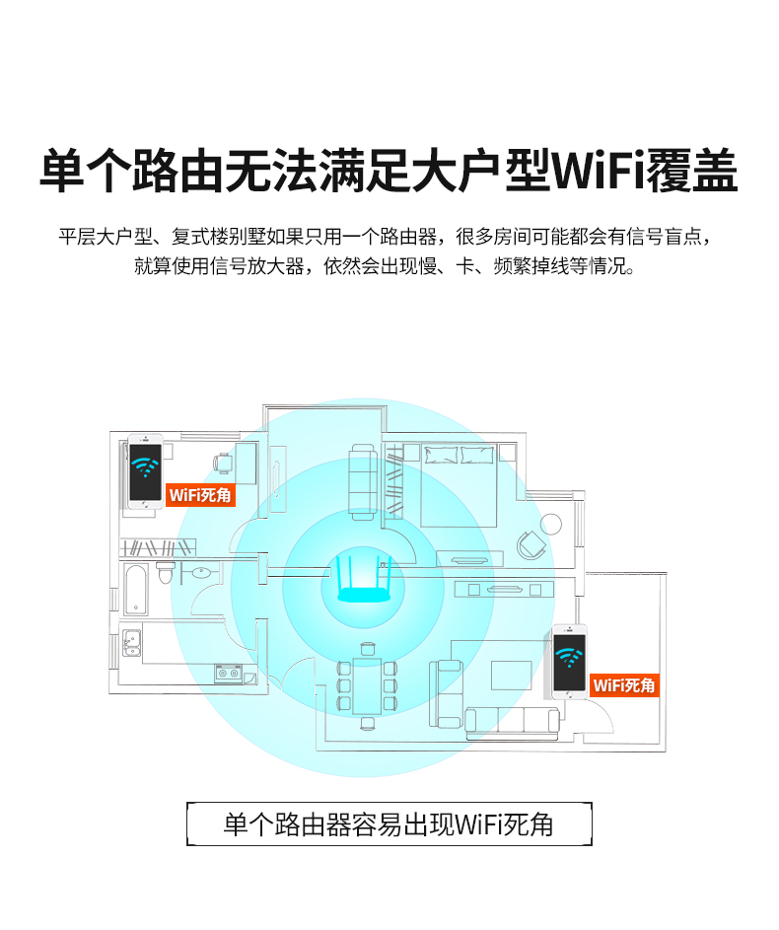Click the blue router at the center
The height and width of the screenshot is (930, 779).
[x=364, y=580]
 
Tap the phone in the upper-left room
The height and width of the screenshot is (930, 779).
[x=145, y=472]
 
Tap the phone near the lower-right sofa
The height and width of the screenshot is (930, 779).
[x=569, y=662]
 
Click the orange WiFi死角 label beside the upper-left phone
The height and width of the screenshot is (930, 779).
[x=200, y=495]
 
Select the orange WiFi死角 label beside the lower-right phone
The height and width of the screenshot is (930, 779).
[x=624, y=685]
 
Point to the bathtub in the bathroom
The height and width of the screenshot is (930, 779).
[x=136, y=590]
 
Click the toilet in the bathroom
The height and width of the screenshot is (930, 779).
[x=166, y=572]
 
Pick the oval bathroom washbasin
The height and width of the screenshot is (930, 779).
[x=201, y=572]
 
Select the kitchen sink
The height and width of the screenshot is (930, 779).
[x=131, y=643]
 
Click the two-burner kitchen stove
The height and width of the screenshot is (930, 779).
[x=228, y=674]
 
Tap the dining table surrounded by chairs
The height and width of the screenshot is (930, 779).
[x=367, y=685]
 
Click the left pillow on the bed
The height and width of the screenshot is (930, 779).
[x=440, y=455]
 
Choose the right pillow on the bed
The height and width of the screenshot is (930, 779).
[x=477, y=455]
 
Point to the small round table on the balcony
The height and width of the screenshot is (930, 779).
[x=551, y=525]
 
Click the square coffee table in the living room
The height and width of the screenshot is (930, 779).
[x=511, y=675]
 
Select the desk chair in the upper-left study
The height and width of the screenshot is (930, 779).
[x=222, y=463]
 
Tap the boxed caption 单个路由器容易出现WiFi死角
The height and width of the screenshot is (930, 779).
[x=389, y=824]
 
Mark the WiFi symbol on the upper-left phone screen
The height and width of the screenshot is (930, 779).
[x=145, y=466]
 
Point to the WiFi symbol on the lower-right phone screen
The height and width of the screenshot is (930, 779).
[x=569, y=657]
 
